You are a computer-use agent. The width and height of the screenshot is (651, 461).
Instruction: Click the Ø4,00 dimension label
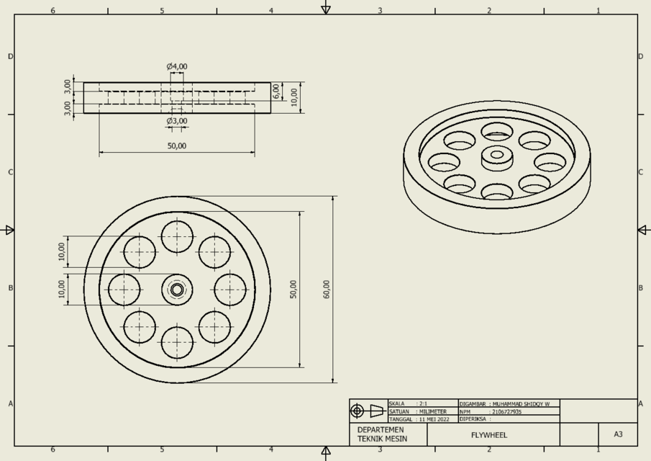click(x=177, y=67)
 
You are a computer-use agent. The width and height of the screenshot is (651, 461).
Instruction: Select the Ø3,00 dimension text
click(x=177, y=121)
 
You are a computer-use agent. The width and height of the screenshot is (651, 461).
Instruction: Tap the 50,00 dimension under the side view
click(x=177, y=146)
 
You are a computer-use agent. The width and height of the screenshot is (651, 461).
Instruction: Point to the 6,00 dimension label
click(x=276, y=91)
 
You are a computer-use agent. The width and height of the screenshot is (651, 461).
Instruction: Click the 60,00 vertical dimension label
click(x=327, y=290)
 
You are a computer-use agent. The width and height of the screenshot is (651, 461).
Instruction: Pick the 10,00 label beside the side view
click(x=294, y=97)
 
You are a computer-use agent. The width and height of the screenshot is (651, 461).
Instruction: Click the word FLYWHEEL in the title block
click(x=489, y=435)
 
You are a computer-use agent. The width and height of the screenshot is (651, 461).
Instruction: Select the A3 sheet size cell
click(x=618, y=434)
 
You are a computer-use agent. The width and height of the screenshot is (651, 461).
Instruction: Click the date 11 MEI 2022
click(x=434, y=419)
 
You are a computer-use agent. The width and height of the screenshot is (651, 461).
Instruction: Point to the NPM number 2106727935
click(x=507, y=412)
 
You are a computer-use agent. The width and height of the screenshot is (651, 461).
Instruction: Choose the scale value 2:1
click(x=423, y=404)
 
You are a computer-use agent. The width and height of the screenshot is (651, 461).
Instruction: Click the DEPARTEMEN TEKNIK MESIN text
click(x=382, y=434)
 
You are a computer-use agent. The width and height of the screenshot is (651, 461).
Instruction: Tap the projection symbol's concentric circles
click(x=358, y=411)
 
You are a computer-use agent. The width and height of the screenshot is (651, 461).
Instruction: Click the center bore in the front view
click(x=177, y=290)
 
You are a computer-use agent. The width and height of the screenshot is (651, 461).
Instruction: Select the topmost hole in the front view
click(x=177, y=236)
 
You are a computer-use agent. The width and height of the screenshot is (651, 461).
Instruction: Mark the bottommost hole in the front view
click(x=177, y=343)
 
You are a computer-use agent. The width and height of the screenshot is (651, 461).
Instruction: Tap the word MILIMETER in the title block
click(x=433, y=412)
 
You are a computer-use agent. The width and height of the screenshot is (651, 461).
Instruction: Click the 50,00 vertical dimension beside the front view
click(x=293, y=290)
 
